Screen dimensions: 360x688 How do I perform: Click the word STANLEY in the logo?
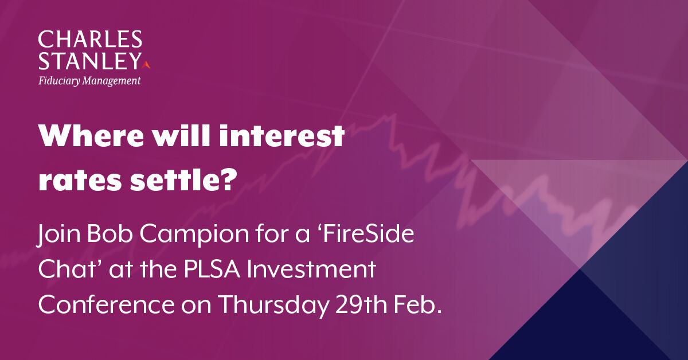(x=89, y=60)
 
